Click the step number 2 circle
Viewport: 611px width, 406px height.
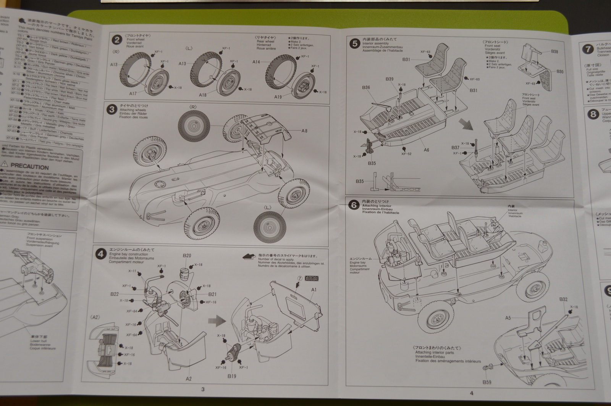(117, 40)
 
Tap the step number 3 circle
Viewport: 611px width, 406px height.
(112, 110)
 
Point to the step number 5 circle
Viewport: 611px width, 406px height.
(354, 43)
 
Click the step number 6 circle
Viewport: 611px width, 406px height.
(354, 205)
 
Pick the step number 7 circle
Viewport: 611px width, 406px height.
(588, 49)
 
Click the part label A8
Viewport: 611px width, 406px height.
(304, 130)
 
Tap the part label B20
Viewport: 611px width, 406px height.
(187, 256)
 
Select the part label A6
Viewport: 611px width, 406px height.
(427, 150)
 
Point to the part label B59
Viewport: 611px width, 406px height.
(487, 382)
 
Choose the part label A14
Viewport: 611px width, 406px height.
(256, 62)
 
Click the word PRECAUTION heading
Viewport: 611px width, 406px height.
(30, 167)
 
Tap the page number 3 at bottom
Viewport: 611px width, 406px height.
(203, 389)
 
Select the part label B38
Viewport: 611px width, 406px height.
(554, 52)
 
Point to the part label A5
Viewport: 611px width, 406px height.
(508, 317)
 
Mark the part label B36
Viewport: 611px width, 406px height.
(366, 88)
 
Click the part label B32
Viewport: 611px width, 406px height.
(563, 300)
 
